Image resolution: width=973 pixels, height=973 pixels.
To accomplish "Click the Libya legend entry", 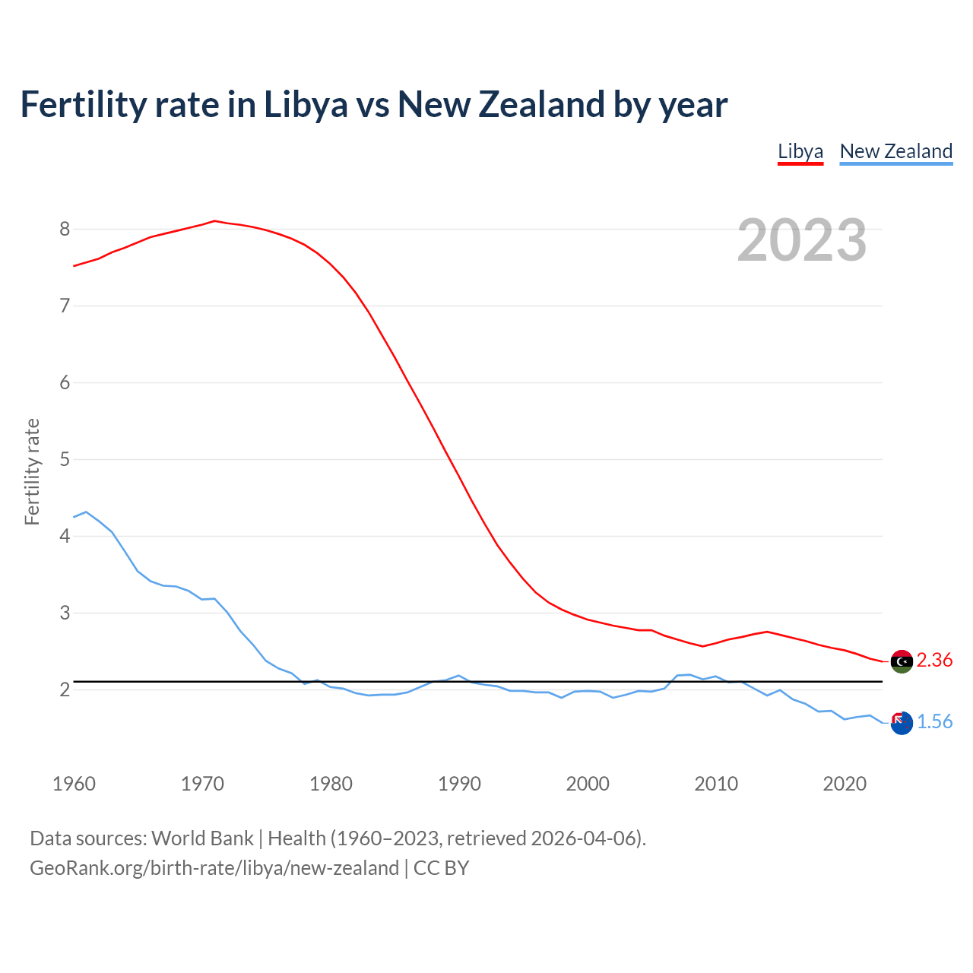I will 800,151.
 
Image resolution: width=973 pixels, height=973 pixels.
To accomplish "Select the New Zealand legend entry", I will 895,151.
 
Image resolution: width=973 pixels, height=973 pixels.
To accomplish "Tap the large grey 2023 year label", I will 802,240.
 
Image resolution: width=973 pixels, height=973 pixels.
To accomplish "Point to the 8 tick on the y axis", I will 65,229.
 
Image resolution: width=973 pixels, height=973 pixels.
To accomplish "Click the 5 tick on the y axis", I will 65,459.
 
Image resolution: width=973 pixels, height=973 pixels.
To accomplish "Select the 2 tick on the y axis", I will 65,689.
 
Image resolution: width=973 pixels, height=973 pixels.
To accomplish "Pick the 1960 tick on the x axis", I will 74,784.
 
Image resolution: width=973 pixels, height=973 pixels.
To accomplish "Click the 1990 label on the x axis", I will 459,784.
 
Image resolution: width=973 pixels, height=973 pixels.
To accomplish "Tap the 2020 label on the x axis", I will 845,784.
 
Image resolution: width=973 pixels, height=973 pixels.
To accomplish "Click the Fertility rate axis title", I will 32,471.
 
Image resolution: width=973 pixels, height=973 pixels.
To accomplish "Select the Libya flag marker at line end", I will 902,661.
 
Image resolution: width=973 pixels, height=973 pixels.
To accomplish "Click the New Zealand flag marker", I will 902,723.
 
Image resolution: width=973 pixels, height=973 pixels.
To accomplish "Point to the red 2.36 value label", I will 934,661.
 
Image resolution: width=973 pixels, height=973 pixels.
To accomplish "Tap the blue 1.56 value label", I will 934,722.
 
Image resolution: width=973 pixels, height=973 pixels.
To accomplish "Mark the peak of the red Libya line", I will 214,221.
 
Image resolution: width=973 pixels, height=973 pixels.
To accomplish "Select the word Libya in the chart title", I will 306,104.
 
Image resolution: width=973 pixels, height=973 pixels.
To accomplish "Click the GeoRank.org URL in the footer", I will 214,868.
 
